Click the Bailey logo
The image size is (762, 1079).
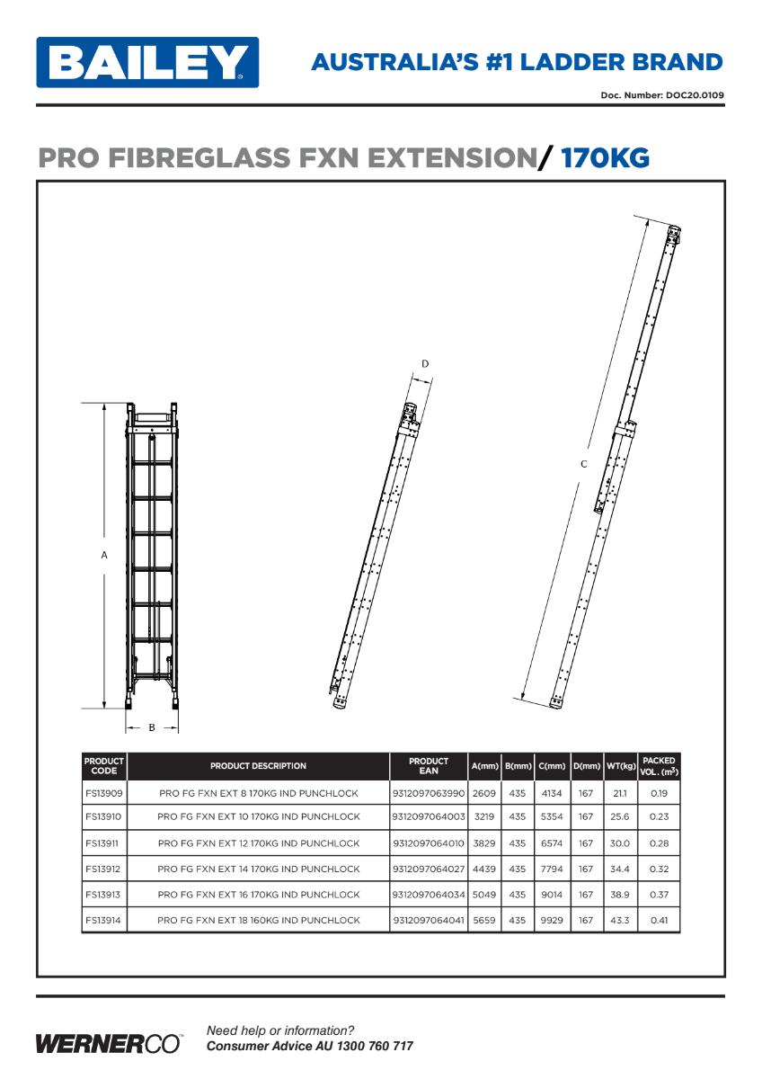point(147,62)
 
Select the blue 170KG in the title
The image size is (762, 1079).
point(605,158)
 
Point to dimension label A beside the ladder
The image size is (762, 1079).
point(104,556)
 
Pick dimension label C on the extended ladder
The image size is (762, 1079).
point(583,464)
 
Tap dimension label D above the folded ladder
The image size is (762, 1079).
point(425,363)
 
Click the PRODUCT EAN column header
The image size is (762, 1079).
point(428,766)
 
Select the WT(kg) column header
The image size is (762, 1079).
point(621,766)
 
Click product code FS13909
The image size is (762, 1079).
point(104,793)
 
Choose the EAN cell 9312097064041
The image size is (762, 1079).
point(429,920)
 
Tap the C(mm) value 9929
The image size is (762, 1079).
point(552,920)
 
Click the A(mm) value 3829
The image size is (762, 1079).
point(484,843)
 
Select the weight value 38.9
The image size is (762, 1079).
point(620,895)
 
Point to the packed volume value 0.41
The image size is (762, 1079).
point(659,920)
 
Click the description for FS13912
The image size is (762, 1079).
point(259,869)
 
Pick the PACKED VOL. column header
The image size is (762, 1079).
point(659,766)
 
